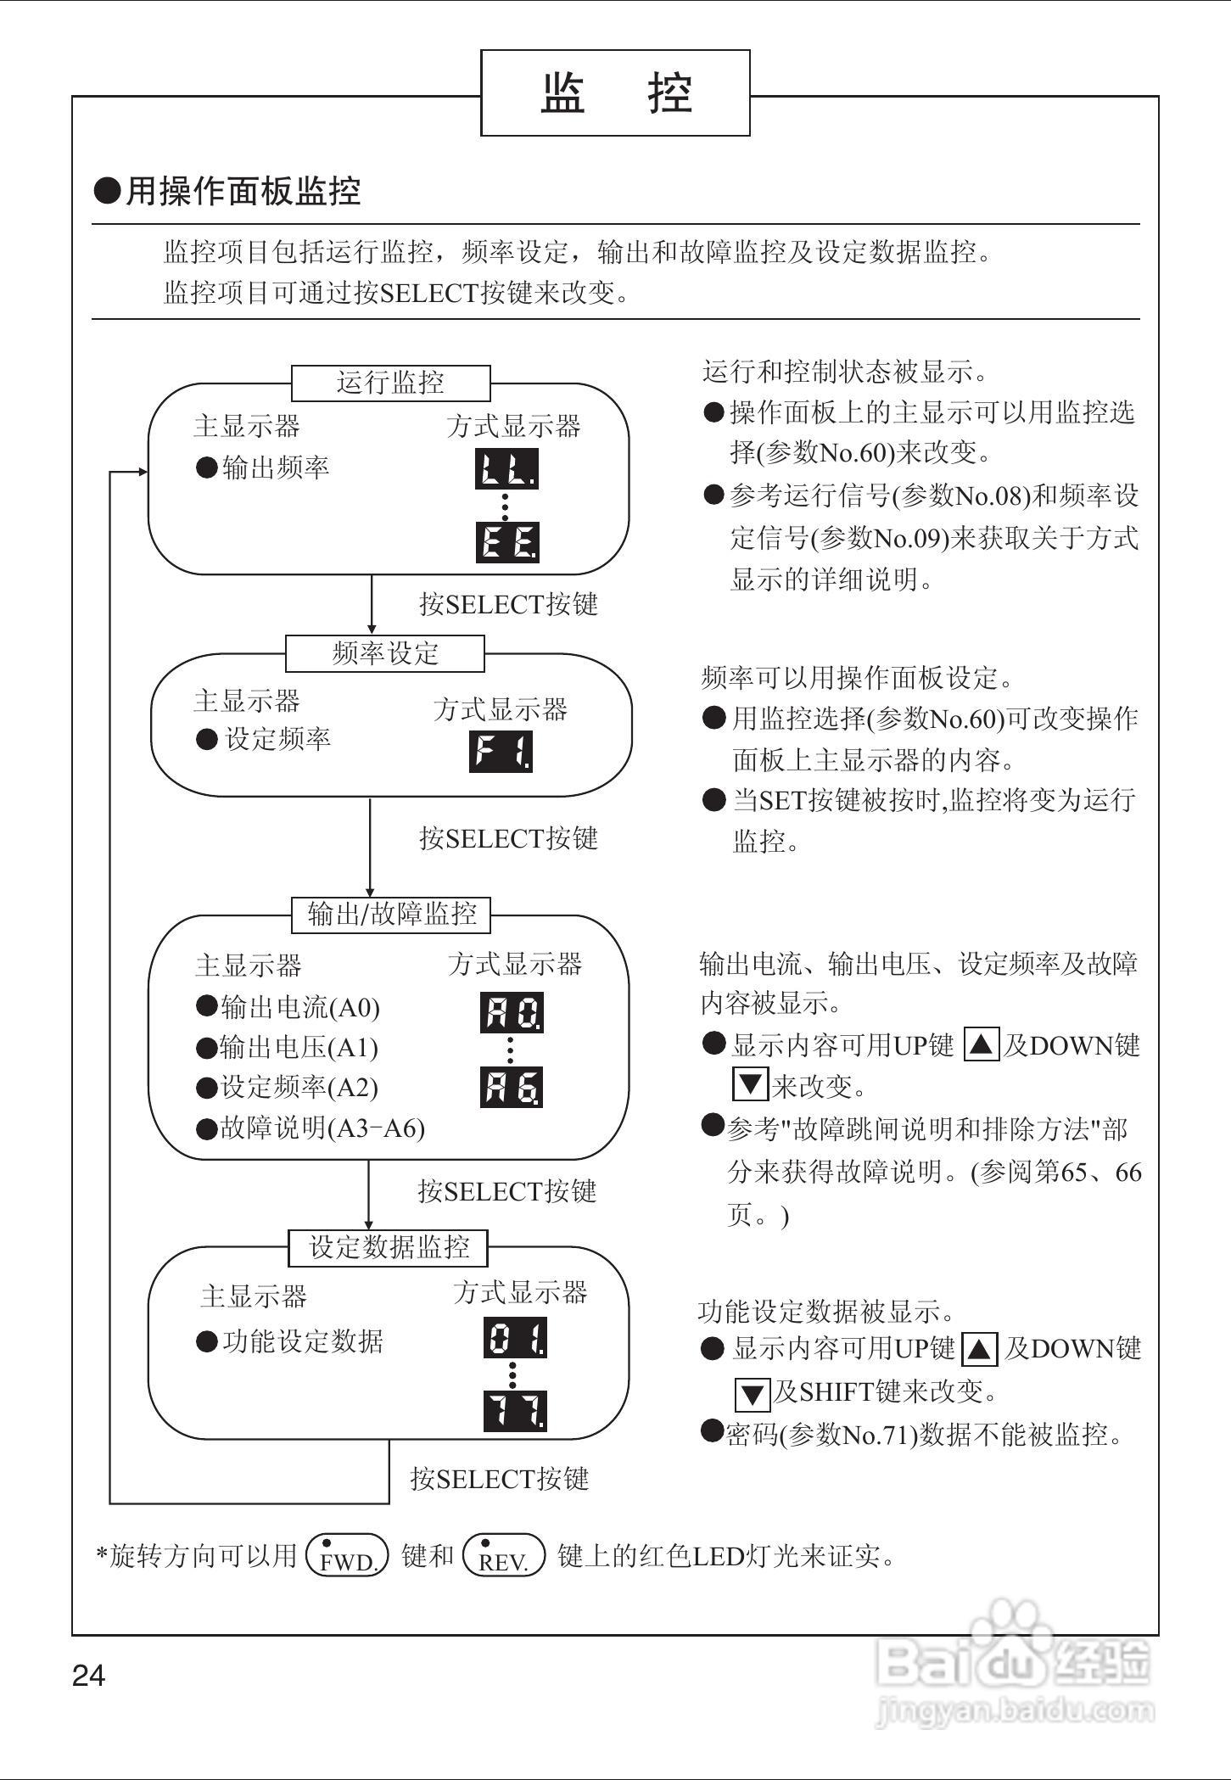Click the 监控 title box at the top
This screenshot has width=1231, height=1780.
(615, 92)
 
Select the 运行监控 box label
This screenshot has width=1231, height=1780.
(390, 383)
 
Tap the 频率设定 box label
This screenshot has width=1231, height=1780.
(385, 653)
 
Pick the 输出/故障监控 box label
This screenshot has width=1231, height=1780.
(391, 914)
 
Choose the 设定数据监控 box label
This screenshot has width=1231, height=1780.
(389, 1246)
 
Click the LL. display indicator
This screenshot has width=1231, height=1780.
(506, 469)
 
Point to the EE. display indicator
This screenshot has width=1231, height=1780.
(507, 542)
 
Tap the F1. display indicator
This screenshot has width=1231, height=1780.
(501, 751)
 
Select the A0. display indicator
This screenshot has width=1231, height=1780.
(512, 1012)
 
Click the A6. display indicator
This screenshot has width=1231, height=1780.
(512, 1088)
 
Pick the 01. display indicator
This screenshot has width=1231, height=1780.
(515, 1338)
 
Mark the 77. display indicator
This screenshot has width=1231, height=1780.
(515, 1411)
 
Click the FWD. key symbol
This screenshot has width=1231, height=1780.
(346, 1555)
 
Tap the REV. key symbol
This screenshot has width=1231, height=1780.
(504, 1555)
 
